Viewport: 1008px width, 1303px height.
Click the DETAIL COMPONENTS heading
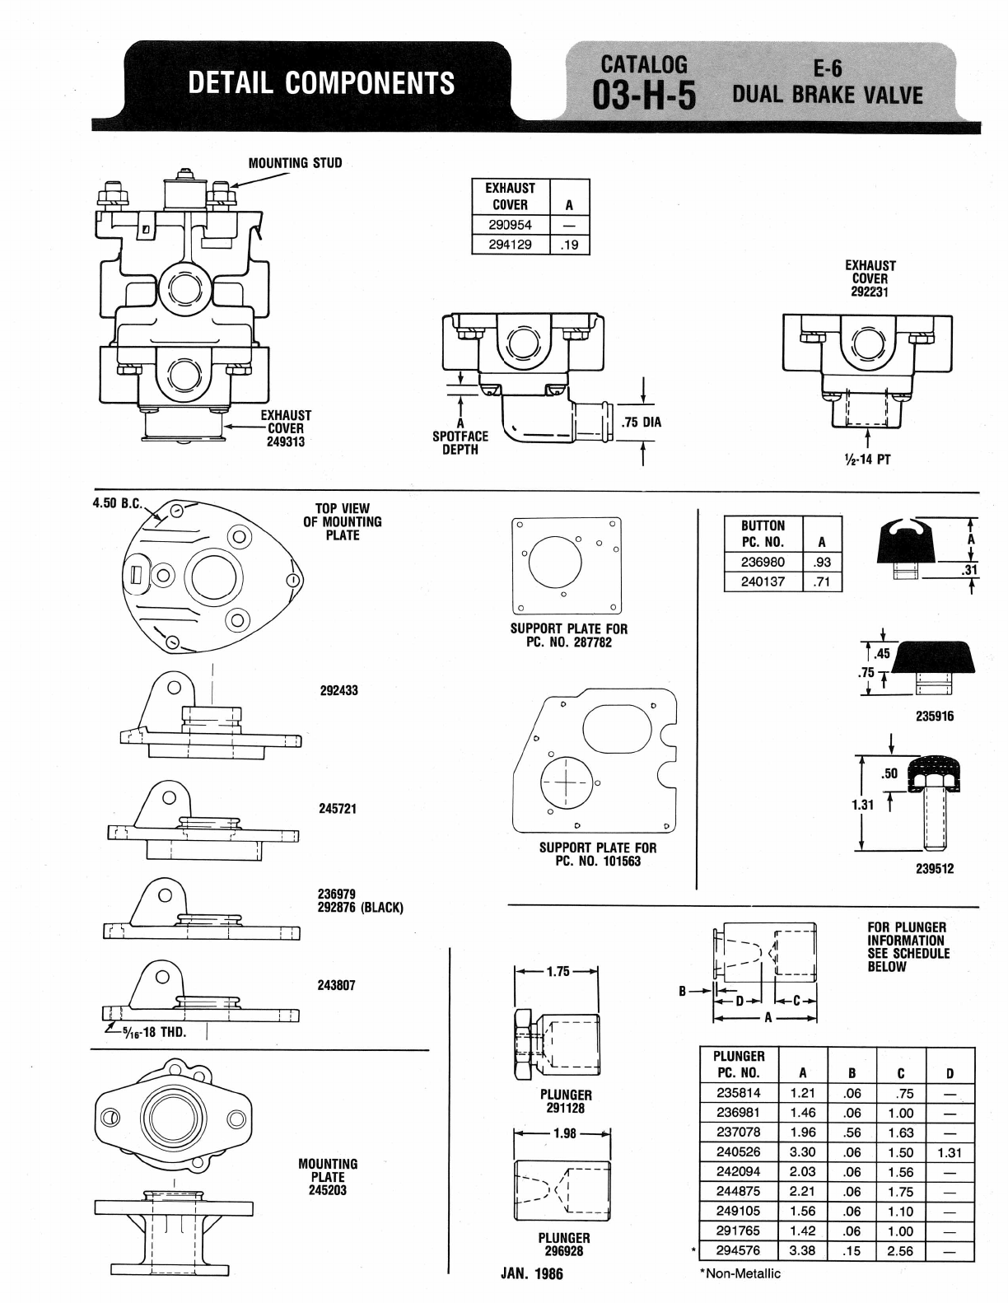coord(321,82)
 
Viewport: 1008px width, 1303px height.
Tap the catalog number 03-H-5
coord(644,96)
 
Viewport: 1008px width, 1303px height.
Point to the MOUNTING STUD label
coord(295,163)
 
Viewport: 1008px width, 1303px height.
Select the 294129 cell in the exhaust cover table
coord(510,245)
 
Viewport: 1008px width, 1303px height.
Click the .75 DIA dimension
coord(642,423)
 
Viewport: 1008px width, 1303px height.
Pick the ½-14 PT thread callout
coord(867,460)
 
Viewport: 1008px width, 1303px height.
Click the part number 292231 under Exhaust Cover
coord(870,292)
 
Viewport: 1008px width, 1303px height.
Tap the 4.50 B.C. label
coord(118,502)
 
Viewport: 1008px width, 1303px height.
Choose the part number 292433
coord(338,690)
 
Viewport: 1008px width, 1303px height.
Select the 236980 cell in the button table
coord(763,562)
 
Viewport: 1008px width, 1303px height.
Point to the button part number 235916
coord(934,716)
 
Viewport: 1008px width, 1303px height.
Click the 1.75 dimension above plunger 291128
coord(558,971)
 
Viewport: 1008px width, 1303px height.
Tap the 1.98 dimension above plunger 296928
coord(564,1133)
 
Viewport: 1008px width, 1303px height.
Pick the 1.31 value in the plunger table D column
coord(950,1152)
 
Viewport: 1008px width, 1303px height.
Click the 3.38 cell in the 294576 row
coord(802,1251)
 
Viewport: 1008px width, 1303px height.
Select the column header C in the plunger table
coord(900,1073)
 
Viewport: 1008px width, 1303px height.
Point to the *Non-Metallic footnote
coord(740,1273)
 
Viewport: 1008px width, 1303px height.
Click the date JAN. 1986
coord(532,1273)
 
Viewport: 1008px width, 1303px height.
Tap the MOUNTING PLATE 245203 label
coord(328,1177)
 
